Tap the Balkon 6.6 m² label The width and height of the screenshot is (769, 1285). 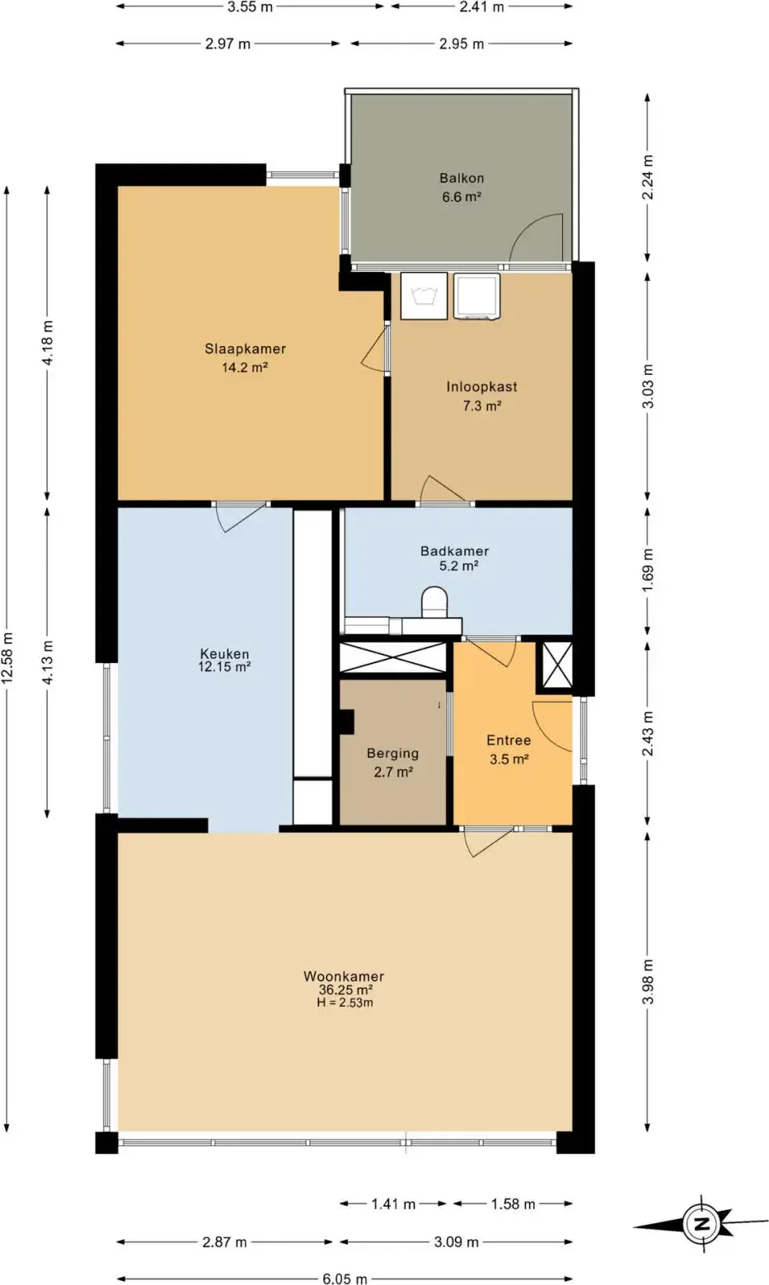(462, 188)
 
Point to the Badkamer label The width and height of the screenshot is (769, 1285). (454, 551)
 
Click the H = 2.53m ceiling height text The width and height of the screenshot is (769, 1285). (345, 1002)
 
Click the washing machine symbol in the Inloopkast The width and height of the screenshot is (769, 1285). (424, 296)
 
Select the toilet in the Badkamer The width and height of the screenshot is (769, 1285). (434, 602)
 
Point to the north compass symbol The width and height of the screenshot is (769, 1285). (701, 1223)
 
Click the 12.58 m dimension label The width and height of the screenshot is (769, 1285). (8, 657)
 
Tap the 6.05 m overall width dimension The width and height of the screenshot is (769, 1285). (345, 1278)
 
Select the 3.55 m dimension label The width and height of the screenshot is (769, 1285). (251, 7)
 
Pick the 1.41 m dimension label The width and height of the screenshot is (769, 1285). (393, 1203)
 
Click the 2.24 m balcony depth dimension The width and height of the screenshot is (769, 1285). (647, 177)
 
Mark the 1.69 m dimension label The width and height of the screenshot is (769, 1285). (647, 572)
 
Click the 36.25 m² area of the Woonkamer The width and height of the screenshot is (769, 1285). (345, 989)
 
